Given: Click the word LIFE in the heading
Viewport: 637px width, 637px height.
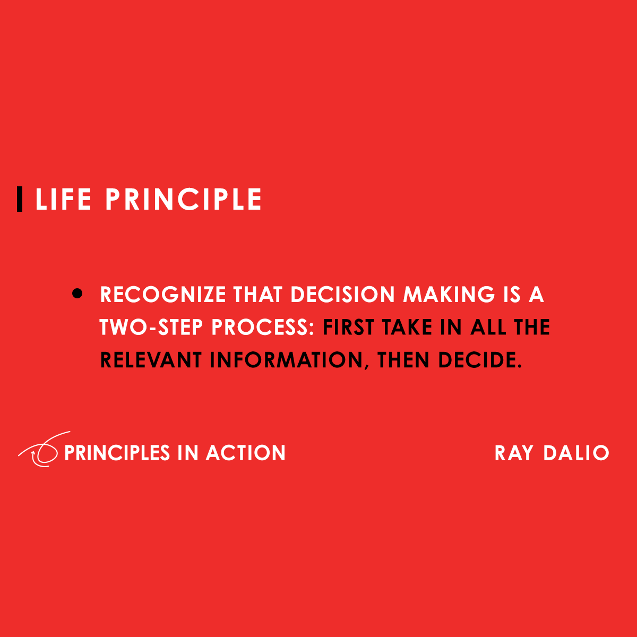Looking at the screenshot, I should [63, 200].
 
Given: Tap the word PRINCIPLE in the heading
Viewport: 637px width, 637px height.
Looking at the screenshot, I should [184, 200].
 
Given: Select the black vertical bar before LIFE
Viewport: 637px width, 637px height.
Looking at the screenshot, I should [20, 200].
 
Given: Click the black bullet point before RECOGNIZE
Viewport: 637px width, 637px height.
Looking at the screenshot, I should [78, 294].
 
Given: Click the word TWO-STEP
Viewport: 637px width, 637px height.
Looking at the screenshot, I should [152, 328].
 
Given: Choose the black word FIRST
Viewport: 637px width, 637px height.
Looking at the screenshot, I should [348, 328].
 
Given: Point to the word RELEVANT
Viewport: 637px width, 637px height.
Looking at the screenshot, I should [151, 360].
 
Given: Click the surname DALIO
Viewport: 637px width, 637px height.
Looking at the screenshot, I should [576, 453].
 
